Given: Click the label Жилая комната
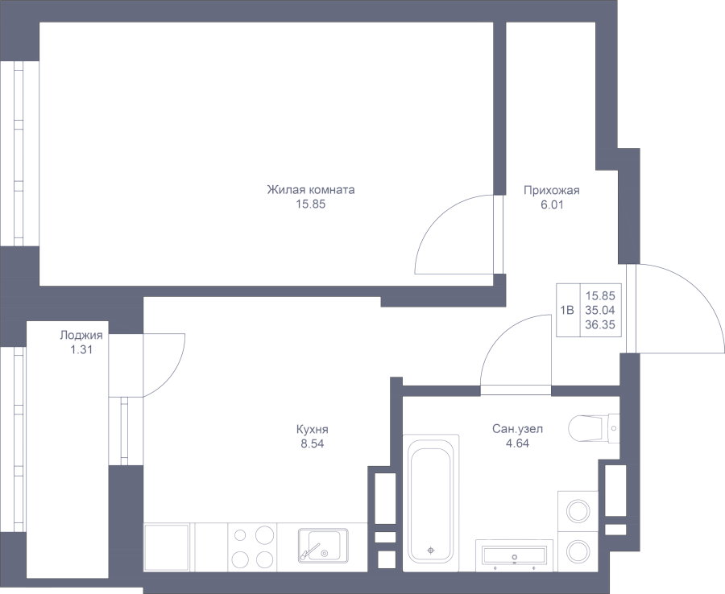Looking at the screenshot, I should click(x=310, y=191).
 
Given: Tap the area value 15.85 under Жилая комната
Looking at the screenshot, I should click(x=310, y=204).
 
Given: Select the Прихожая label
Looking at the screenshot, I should click(x=551, y=191).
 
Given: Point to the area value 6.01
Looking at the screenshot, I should click(x=551, y=204).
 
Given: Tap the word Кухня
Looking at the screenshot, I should click(x=312, y=429).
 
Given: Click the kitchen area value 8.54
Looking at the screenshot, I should click(x=312, y=443).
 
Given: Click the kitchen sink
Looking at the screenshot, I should click(x=321, y=545).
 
